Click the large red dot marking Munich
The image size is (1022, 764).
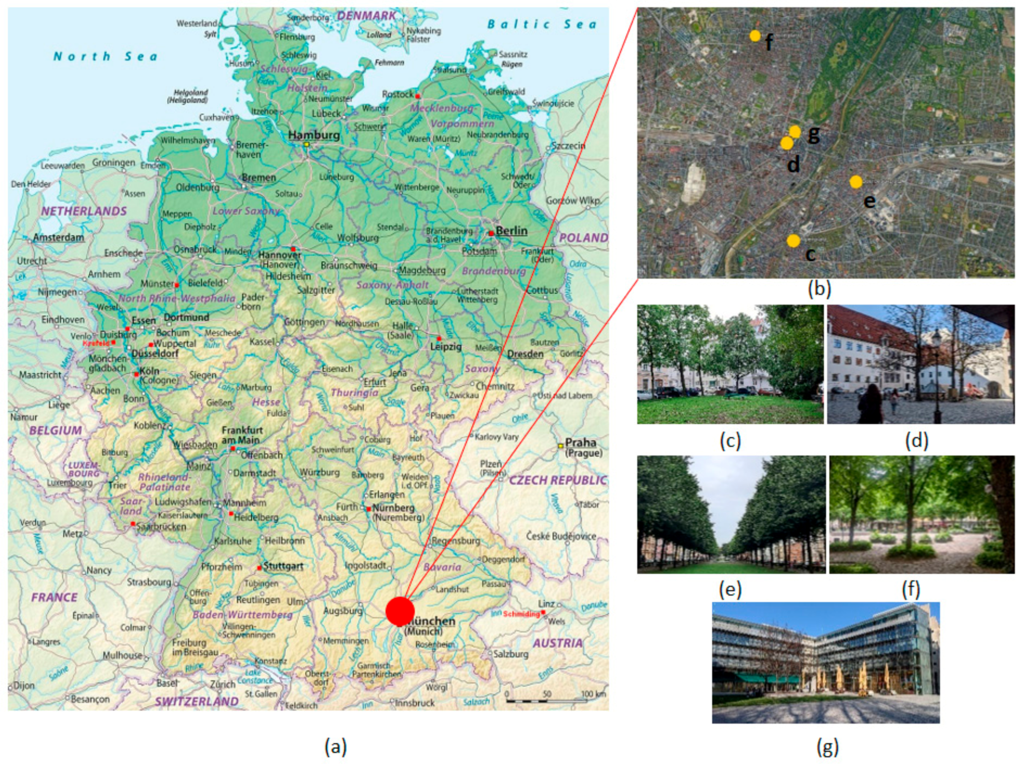[400, 611]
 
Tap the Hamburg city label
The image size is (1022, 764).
[314, 135]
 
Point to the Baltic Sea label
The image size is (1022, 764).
[542, 24]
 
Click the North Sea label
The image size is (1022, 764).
[105, 57]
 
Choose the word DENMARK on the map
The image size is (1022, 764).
[366, 16]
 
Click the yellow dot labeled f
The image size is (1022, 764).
[755, 36]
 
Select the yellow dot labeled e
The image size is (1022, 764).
[856, 182]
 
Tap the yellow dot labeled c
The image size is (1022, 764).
[793, 241]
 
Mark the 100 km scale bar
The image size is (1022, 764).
[546, 701]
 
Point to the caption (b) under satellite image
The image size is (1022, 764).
[819, 289]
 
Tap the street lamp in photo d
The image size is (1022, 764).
[937, 374]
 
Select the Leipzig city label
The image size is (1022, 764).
[446, 346]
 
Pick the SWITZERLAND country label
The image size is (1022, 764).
[197, 701]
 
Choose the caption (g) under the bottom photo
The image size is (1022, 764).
[827, 747]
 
